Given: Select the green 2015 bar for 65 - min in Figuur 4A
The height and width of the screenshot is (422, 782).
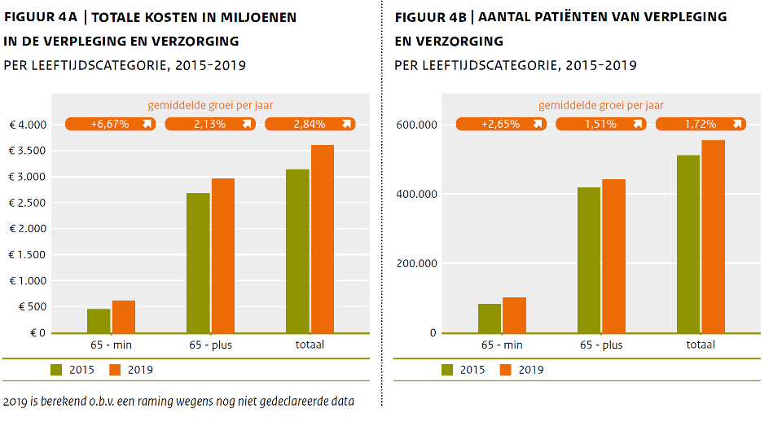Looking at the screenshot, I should (99, 321).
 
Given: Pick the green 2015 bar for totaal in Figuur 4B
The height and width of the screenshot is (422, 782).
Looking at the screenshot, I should (688, 244).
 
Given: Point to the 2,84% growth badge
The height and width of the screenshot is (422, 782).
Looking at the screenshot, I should (310, 124).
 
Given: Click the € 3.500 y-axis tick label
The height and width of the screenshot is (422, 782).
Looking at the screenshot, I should (27, 151).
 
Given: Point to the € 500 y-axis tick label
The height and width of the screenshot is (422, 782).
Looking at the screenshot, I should (32, 307).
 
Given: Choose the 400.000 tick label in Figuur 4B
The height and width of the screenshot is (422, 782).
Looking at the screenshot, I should (415, 194).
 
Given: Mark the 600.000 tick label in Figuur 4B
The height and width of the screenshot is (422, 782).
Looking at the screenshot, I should (415, 125).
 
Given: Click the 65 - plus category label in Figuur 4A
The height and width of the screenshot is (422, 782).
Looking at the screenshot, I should (210, 345).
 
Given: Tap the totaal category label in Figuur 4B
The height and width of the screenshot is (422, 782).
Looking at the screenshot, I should (700, 345).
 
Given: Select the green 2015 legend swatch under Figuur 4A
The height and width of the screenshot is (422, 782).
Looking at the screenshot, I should (56, 370).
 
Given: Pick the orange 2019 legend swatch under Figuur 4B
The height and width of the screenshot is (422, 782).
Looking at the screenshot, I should (505, 370).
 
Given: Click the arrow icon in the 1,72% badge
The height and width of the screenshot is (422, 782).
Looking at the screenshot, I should (736, 124).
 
